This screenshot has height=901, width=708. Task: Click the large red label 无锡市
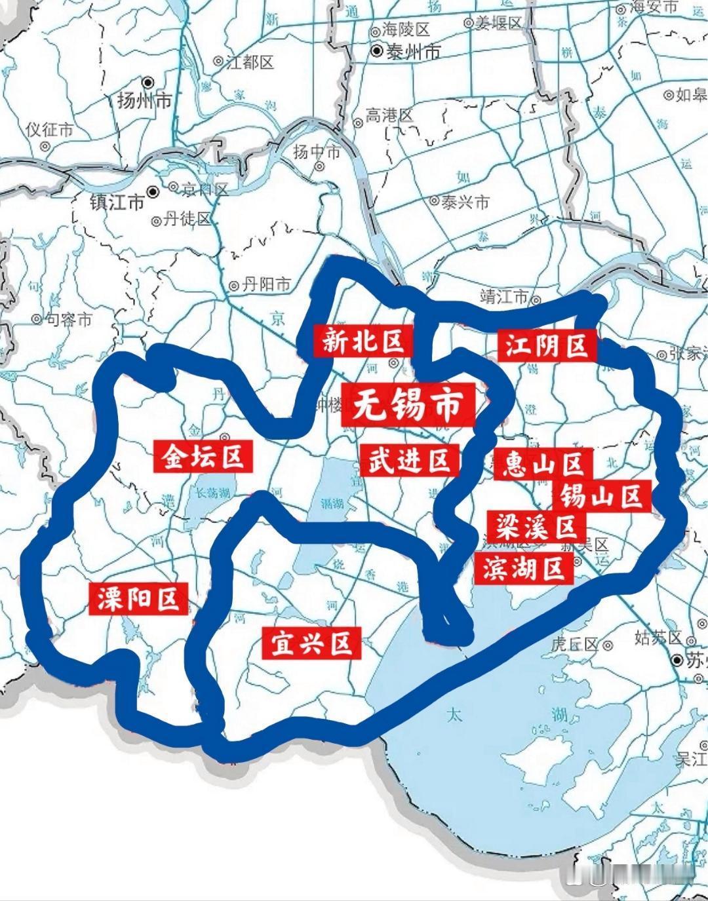[408, 405]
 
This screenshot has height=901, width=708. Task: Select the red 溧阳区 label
[138, 598]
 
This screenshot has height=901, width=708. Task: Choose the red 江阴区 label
[546, 344]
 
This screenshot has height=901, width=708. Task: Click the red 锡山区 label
[600, 495]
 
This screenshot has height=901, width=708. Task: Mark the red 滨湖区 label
[524, 567]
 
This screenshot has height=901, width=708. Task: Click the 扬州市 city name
[144, 100]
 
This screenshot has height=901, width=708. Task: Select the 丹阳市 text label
[266, 285]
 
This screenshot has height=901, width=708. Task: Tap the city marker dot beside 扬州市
[149, 83]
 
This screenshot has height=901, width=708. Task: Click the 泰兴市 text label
[465, 202]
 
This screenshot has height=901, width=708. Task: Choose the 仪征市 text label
[49, 129]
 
